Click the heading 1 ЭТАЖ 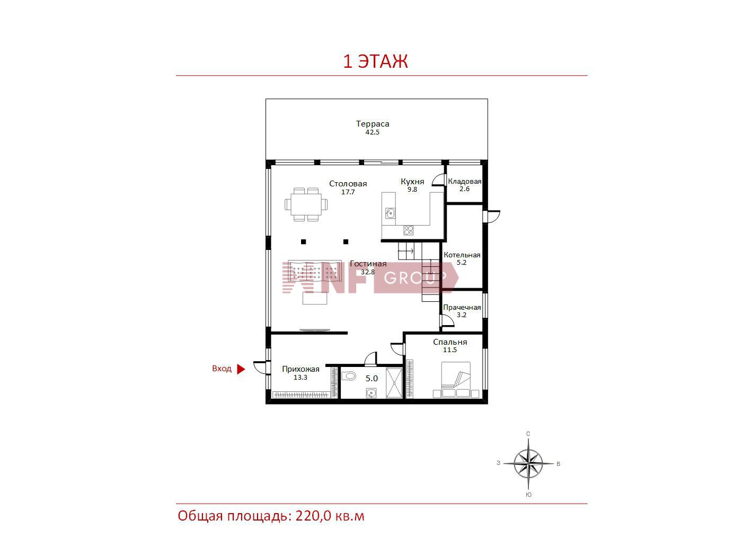[x=375, y=61]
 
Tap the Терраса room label [x=373, y=124]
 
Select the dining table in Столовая [x=306, y=204]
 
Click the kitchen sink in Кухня [x=390, y=213]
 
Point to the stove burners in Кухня [x=408, y=230]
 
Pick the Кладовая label [x=464, y=181]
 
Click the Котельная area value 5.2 [x=462, y=262]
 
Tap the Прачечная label [x=462, y=307]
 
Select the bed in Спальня [x=456, y=380]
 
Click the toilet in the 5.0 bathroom [x=349, y=376]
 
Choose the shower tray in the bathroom [x=394, y=383]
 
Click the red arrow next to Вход [x=241, y=369]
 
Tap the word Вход [x=222, y=369]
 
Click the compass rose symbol [x=528, y=463]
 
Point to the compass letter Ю [x=529, y=495]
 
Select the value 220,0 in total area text [x=313, y=516]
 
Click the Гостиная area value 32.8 [x=367, y=272]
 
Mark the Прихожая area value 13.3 [x=300, y=377]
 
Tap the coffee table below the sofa [x=314, y=298]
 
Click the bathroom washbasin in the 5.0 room [x=371, y=393]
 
